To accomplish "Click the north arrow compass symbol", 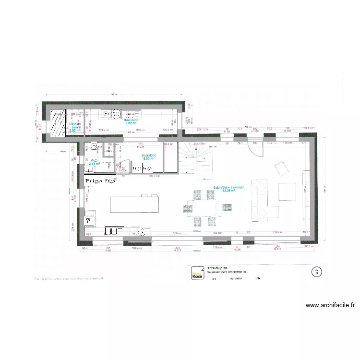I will [x=316, y=272].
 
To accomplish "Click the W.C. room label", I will [x=94, y=161].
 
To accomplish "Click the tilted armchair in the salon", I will [x=281, y=168].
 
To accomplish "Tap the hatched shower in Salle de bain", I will [x=58, y=124].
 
